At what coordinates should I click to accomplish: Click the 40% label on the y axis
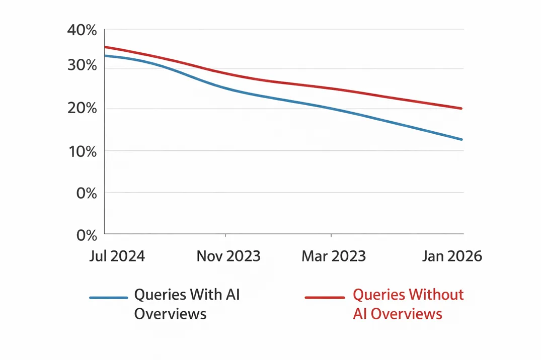(x=82, y=31)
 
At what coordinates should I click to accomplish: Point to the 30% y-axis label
(x=82, y=65)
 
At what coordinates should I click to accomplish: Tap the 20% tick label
(x=82, y=109)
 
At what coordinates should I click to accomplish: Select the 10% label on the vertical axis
(x=82, y=151)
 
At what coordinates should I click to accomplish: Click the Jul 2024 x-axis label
(x=117, y=256)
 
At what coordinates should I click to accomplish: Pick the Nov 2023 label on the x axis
(x=228, y=256)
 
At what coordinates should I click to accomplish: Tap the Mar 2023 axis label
(x=333, y=256)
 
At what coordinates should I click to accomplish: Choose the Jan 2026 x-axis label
(x=451, y=256)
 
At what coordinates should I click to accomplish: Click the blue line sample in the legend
(x=108, y=298)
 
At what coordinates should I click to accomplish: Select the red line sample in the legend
(x=325, y=298)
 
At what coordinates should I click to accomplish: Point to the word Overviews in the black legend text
(x=170, y=314)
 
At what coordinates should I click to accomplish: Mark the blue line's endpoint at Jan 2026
(x=461, y=139)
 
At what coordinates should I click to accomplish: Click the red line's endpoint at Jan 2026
(x=461, y=108)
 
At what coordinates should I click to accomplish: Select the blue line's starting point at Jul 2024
(x=105, y=55)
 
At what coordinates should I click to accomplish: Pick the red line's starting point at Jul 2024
(x=105, y=47)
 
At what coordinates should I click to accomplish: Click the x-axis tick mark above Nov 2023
(x=225, y=235)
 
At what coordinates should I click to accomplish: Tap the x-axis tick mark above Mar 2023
(x=331, y=235)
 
